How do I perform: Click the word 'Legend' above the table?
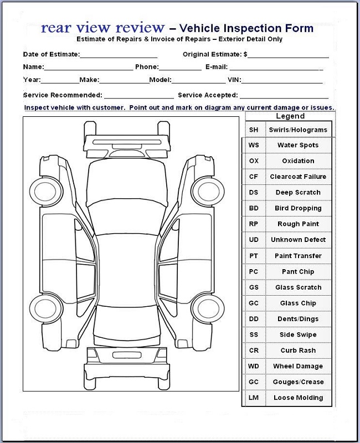point(290,116)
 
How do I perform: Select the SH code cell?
point(254,130)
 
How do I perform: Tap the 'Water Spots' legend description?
point(298,146)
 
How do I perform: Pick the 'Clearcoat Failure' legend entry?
point(298,177)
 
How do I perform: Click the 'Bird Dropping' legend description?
point(298,209)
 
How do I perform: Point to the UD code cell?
point(254,240)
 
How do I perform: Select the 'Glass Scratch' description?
point(298,288)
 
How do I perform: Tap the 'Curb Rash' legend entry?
point(298,351)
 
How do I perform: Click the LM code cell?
point(254,398)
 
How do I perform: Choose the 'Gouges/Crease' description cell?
point(298,383)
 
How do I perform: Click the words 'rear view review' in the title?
point(102,28)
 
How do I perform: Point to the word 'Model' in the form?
point(160,80)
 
